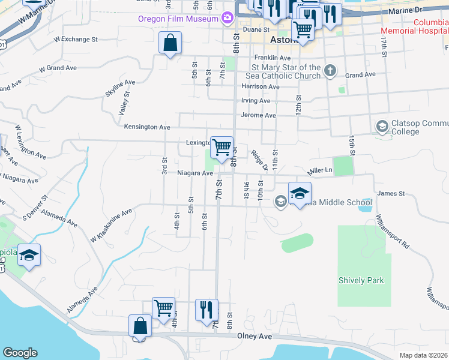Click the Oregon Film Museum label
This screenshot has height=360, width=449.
[x=177, y=19]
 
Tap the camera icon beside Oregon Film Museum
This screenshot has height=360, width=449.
[x=227, y=18]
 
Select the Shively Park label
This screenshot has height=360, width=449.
[x=361, y=280]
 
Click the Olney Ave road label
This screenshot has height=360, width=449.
[x=256, y=336]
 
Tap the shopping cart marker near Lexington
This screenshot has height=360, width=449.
[x=221, y=147]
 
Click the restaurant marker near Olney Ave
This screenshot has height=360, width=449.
[x=206, y=310]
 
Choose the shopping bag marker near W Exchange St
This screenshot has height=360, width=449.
[x=170, y=43]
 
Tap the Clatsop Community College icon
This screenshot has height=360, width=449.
[x=382, y=127]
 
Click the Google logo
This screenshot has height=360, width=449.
[x=20, y=353]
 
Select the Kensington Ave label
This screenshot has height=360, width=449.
[x=147, y=127]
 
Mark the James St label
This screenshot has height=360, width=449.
[x=391, y=194]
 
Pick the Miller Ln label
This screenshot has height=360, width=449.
[x=320, y=170]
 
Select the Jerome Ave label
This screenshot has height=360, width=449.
[x=258, y=115]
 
